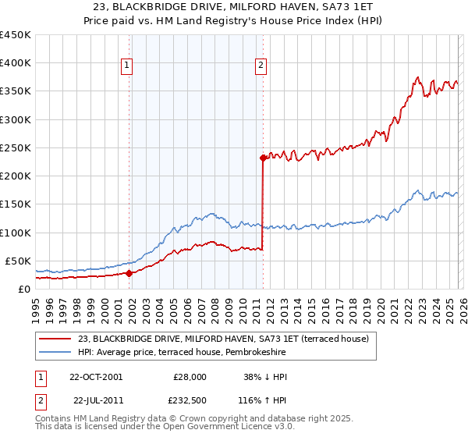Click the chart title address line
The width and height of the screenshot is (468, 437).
click(x=234, y=7)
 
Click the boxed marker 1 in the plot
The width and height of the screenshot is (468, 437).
click(x=127, y=66)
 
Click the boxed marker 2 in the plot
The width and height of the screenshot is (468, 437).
click(x=260, y=66)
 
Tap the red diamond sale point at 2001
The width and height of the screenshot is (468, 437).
click(x=129, y=273)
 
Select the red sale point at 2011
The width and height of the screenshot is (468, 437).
click(x=263, y=158)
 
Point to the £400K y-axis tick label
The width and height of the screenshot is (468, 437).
click(x=16, y=63)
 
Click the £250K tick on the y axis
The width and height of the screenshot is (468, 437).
click(x=16, y=147)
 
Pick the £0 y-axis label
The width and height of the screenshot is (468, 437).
click(x=23, y=289)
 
